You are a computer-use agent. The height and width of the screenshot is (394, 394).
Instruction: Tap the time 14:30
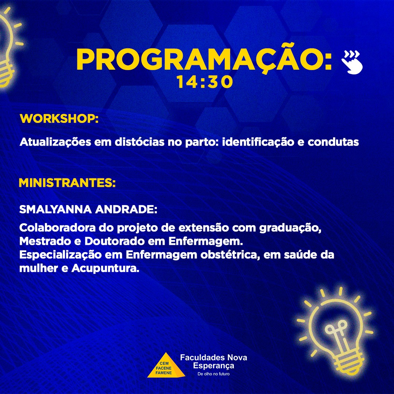[204, 82]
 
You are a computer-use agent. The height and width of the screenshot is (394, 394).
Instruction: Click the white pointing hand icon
[352, 62]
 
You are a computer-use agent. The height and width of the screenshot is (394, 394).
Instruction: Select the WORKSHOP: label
[59, 118]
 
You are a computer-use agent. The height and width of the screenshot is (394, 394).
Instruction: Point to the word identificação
[258, 142]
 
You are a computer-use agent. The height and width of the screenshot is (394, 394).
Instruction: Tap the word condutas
[333, 142]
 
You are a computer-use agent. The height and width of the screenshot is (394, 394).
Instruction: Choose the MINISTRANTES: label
[67, 183]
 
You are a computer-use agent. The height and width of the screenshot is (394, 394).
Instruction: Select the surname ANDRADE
[126, 209]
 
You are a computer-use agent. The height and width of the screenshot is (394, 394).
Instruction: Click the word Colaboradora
[57, 228]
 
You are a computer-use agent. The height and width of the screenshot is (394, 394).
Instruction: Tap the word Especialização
[60, 255]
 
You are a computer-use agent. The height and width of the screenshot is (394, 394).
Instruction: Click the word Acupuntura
[105, 269]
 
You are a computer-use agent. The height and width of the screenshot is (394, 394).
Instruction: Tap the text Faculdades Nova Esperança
[213, 361]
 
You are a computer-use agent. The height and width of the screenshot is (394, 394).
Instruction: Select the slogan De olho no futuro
[213, 374]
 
